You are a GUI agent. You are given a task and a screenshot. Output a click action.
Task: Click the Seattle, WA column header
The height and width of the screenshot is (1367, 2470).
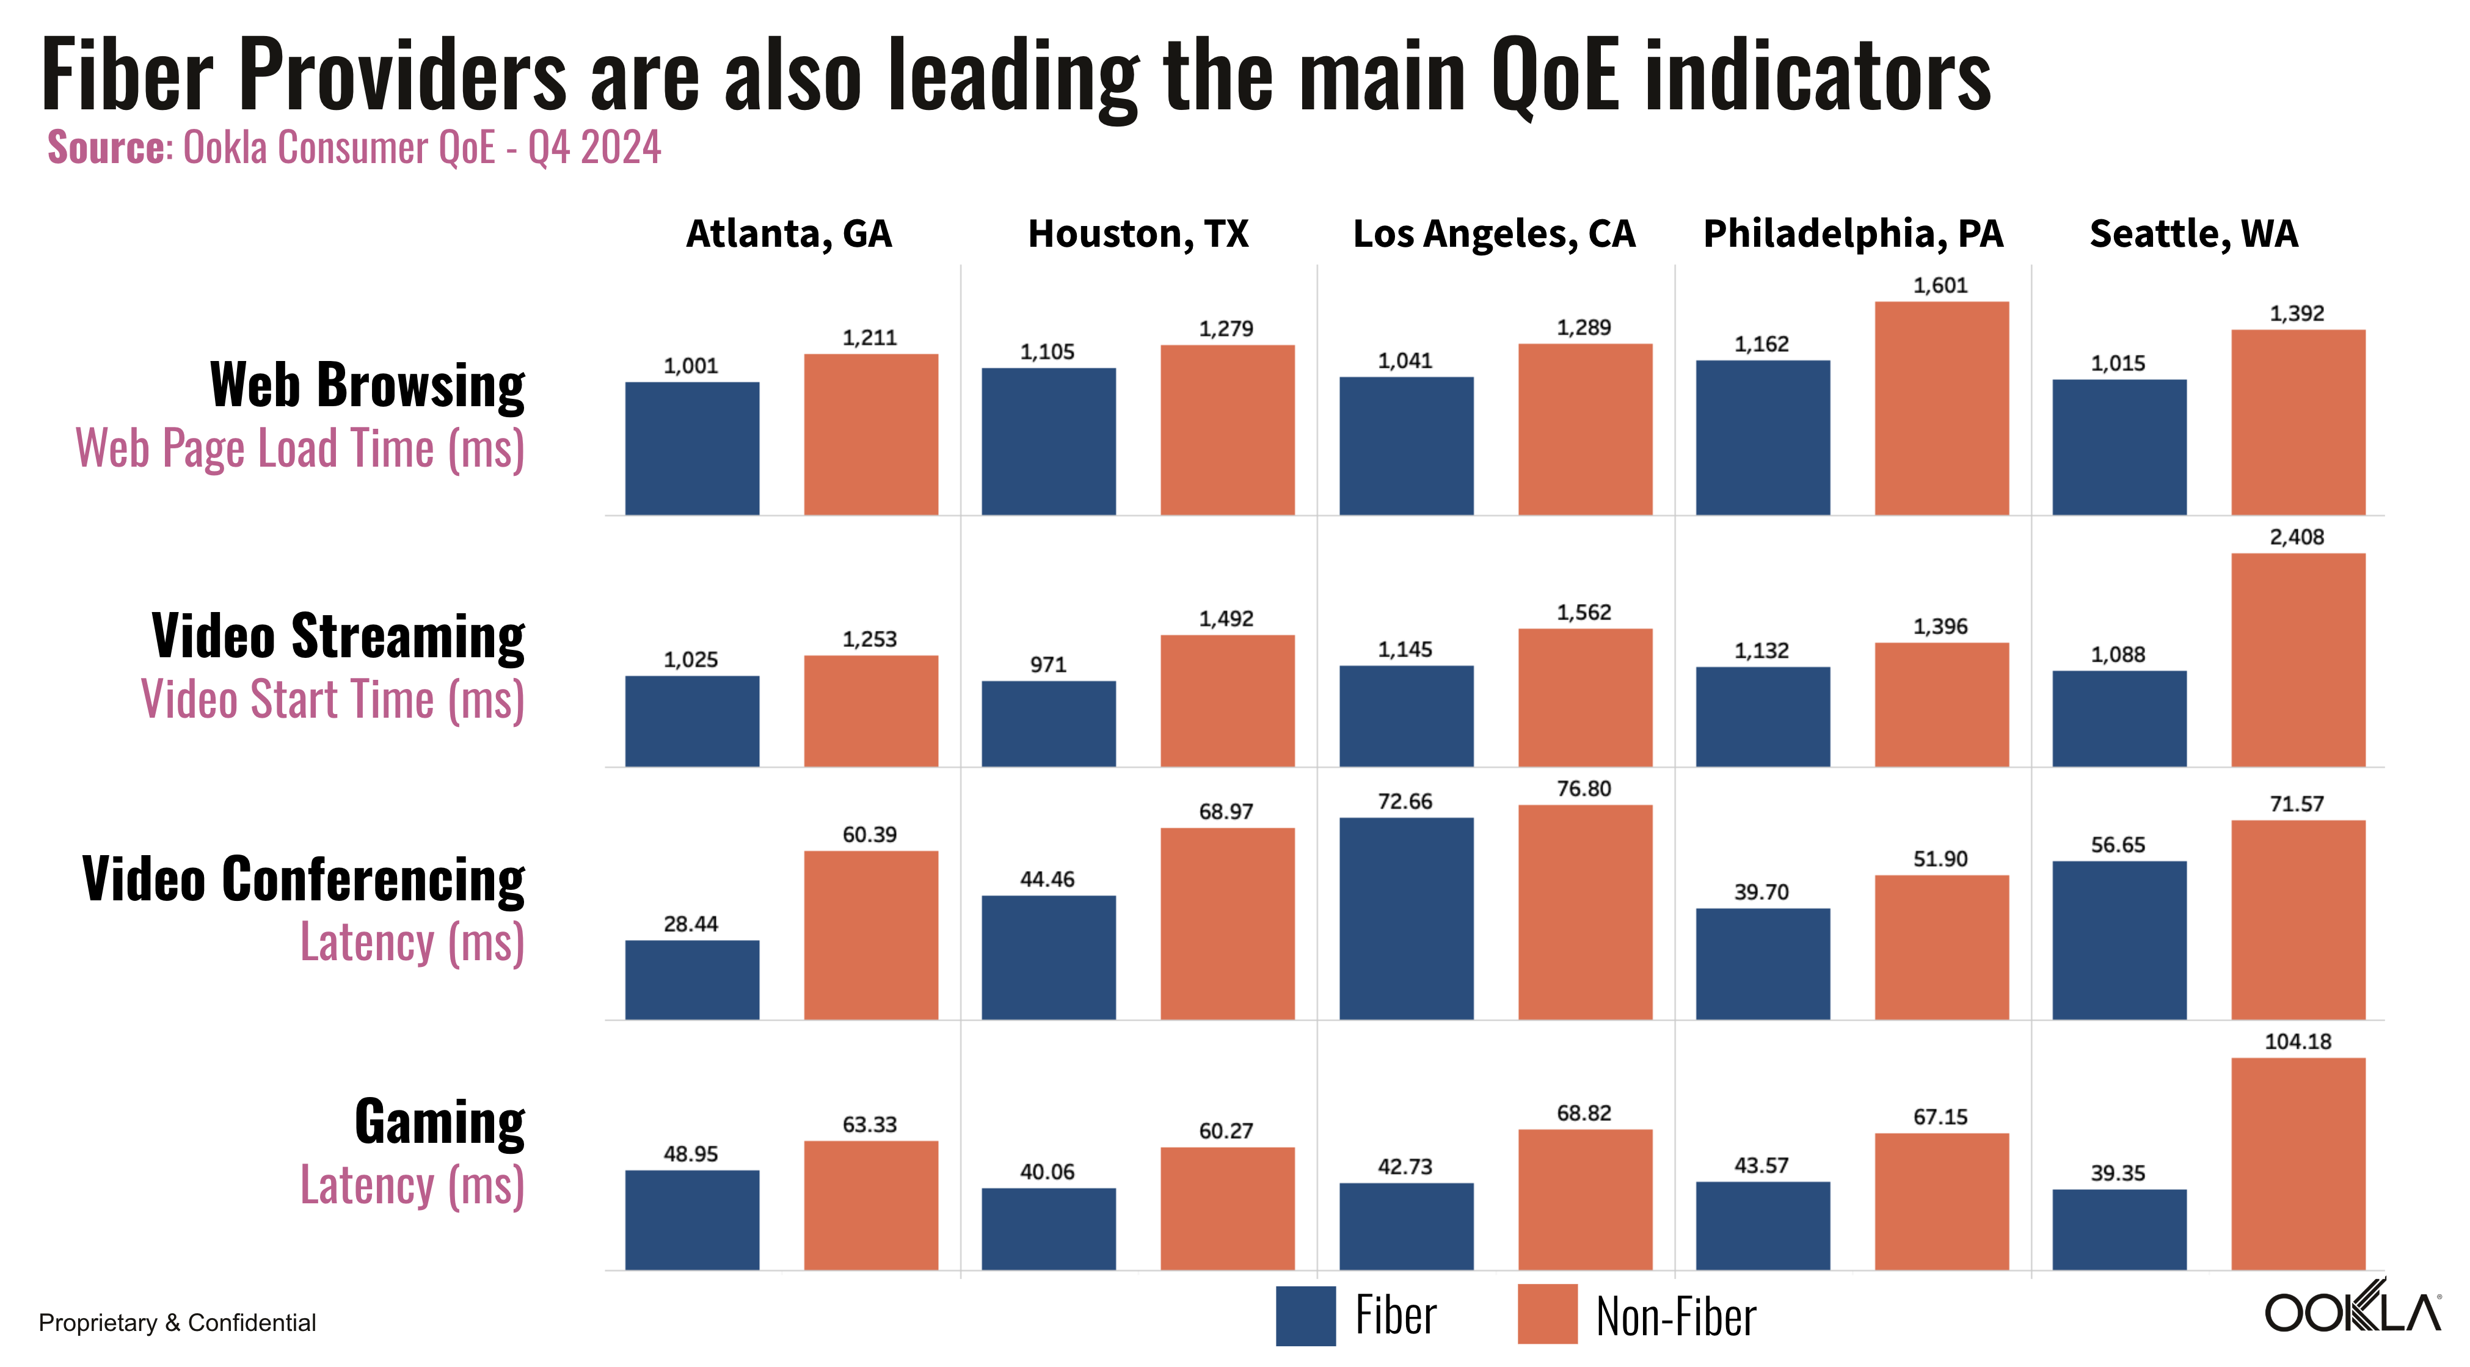tap(2194, 234)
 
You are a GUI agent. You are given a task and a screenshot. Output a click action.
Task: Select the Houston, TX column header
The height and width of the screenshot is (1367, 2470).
tap(1138, 234)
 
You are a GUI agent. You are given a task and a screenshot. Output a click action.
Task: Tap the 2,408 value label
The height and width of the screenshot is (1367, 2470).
tap(2297, 538)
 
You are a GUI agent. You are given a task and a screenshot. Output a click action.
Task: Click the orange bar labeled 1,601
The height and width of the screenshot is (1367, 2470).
tap(1942, 409)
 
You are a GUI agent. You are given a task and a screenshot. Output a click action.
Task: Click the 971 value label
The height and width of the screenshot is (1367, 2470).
tap(1048, 665)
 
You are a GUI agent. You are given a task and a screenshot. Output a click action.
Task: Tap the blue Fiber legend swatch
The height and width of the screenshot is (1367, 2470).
tap(1305, 1315)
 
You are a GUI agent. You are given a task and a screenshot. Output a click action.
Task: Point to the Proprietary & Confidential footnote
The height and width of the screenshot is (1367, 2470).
tap(177, 1323)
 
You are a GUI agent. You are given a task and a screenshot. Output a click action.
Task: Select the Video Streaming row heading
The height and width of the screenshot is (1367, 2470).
tap(338, 636)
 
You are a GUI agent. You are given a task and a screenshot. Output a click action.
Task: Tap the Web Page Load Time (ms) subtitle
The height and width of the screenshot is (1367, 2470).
tap(300, 448)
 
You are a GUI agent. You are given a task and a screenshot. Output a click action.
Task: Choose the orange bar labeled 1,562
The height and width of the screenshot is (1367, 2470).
tap(1585, 698)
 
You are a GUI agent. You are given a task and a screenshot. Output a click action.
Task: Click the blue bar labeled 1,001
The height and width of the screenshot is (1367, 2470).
tap(692, 448)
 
